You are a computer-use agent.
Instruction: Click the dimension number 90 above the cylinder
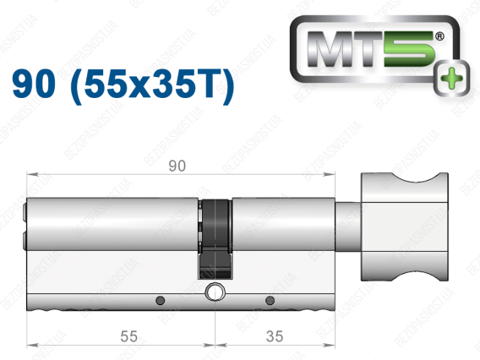tap(177, 166)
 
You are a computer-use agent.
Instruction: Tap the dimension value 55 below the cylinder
tap(128, 336)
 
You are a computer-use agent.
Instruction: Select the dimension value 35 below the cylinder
tap(275, 336)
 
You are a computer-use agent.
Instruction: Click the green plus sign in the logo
tap(451, 78)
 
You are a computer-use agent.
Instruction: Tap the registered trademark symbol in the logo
tap(439, 36)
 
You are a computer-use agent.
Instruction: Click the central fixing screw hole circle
tap(215, 292)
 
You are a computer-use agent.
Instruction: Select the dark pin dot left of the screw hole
tap(160, 300)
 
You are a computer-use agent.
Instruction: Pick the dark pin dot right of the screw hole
tap(270, 300)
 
